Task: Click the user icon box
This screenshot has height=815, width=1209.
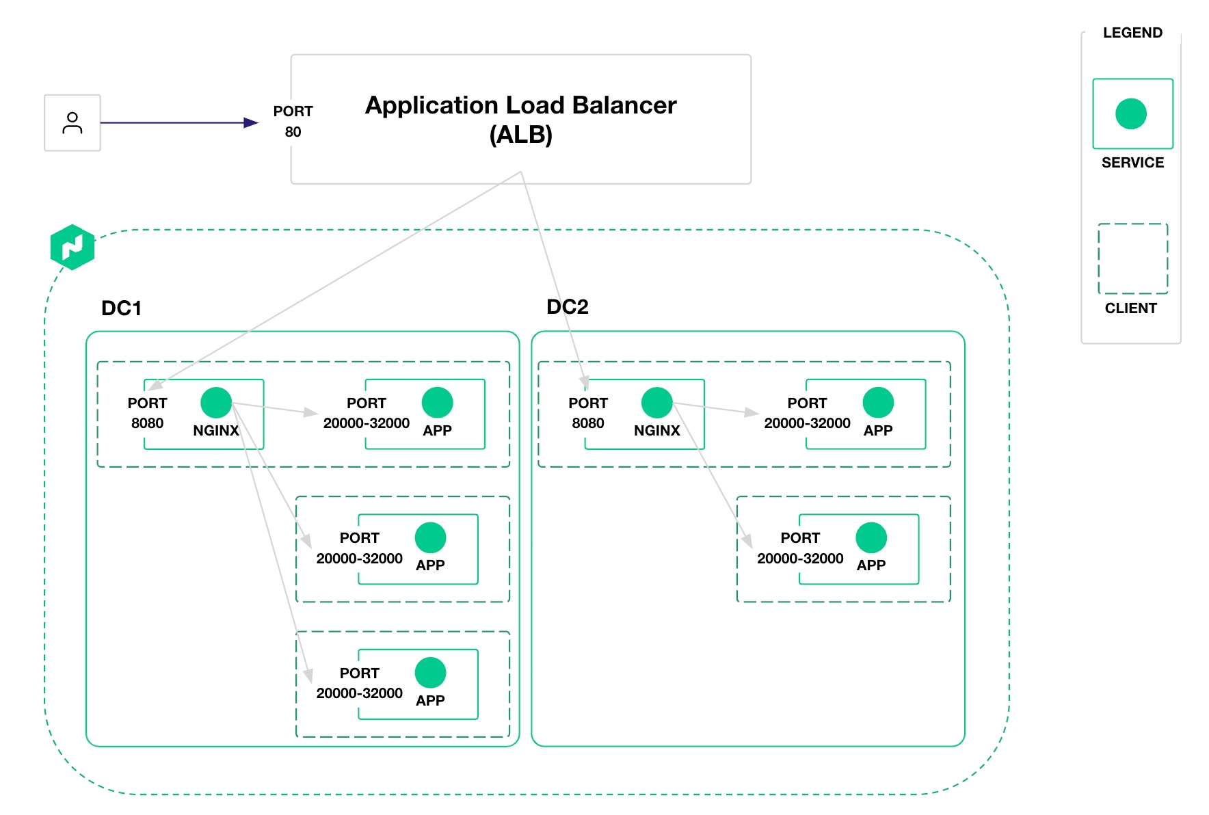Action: [72, 123]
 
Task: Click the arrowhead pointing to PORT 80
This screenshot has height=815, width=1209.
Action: [251, 123]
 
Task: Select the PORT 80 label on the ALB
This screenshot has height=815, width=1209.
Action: [293, 121]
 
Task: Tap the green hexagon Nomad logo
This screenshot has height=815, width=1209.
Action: [72, 247]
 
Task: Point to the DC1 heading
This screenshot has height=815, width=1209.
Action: [121, 308]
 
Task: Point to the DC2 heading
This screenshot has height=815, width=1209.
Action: [567, 307]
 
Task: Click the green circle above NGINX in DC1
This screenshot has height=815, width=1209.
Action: [216, 403]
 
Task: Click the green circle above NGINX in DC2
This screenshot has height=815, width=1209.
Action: [656, 403]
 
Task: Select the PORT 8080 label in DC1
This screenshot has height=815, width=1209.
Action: [147, 413]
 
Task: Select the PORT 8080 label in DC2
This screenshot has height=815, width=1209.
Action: [588, 413]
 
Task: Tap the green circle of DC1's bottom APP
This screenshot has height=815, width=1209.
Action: [430, 673]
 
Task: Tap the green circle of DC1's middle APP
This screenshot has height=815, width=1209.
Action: [430, 537]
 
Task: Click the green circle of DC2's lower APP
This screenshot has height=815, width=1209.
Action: [871, 537]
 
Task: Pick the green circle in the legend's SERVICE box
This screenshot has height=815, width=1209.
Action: [1131, 113]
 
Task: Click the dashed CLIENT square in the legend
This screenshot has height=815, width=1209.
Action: [1132, 258]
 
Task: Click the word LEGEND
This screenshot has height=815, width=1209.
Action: [1132, 33]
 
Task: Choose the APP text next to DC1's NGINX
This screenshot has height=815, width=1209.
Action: [437, 431]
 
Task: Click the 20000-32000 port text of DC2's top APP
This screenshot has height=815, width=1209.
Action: [807, 423]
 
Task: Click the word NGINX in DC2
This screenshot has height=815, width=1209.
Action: [656, 431]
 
